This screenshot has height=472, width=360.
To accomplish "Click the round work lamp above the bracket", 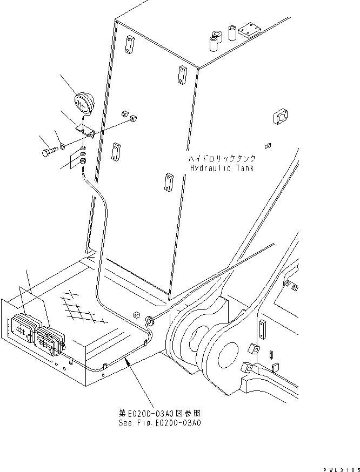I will point(82,103).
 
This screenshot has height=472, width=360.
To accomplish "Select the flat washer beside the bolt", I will point(63,145).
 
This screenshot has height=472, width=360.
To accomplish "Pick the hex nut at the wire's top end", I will point(83,161).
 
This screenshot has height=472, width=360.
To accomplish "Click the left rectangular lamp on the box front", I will point(22,327).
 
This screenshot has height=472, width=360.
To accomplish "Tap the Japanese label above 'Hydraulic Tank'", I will point(222,159).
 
